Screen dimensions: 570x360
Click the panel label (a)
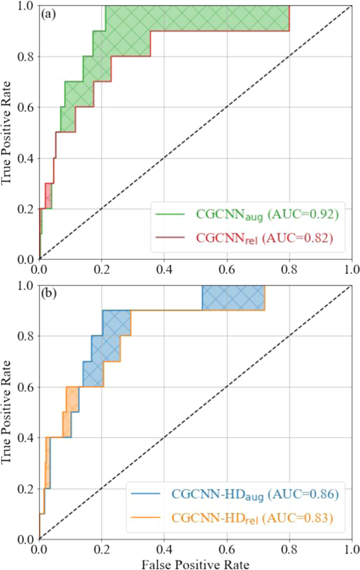click(x=49, y=15)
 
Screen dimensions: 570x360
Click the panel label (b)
click(x=49, y=295)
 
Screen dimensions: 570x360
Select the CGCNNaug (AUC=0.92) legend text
click(x=267, y=215)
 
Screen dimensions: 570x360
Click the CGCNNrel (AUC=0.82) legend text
click(x=264, y=238)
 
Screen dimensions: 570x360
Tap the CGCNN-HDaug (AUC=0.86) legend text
click(x=255, y=495)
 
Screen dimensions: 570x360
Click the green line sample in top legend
click(x=170, y=214)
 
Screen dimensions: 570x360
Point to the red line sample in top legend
click(x=170, y=238)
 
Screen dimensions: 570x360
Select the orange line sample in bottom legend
click(x=146, y=517)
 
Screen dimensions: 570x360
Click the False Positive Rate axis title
click(x=195, y=564)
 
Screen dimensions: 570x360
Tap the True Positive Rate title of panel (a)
click(x=6, y=132)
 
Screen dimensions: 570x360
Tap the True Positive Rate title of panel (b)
click(x=6, y=412)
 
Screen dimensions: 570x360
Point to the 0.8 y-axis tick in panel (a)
click(x=26, y=57)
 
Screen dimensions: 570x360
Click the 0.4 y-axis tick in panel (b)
click(x=26, y=438)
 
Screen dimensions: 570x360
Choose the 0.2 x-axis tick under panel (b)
click(x=102, y=549)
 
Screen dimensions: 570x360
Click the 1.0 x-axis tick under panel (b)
click(x=350, y=549)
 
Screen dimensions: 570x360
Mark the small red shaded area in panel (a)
click(x=48, y=196)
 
